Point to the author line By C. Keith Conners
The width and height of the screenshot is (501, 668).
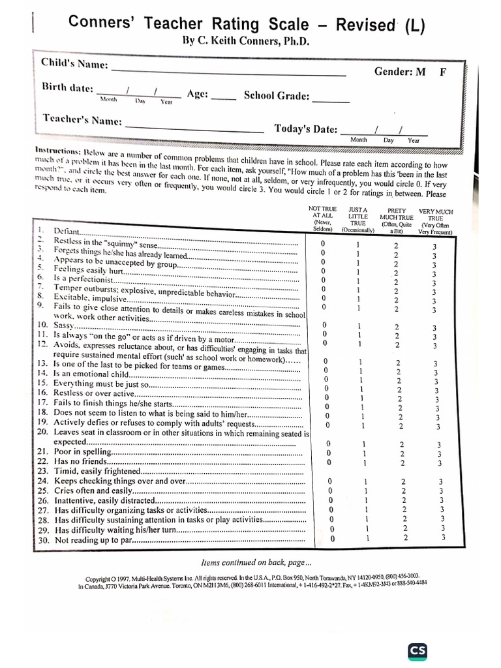coord(246,41)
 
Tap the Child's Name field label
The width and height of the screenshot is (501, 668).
coord(74,64)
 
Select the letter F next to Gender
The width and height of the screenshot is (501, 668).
coord(443,72)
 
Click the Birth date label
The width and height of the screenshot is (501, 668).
coord(68,88)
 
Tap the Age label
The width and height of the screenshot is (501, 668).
coord(198,94)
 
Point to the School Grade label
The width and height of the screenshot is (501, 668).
coord(276,96)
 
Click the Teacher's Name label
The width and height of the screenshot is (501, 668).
coord(82,120)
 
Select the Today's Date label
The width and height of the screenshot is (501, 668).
coord(306,129)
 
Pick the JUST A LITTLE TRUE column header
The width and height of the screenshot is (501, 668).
coord(358,219)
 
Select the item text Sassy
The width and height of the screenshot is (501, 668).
coord(65,324)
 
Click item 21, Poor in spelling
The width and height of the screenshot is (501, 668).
coord(83,451)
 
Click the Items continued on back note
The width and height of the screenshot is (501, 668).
coord(256,562)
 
